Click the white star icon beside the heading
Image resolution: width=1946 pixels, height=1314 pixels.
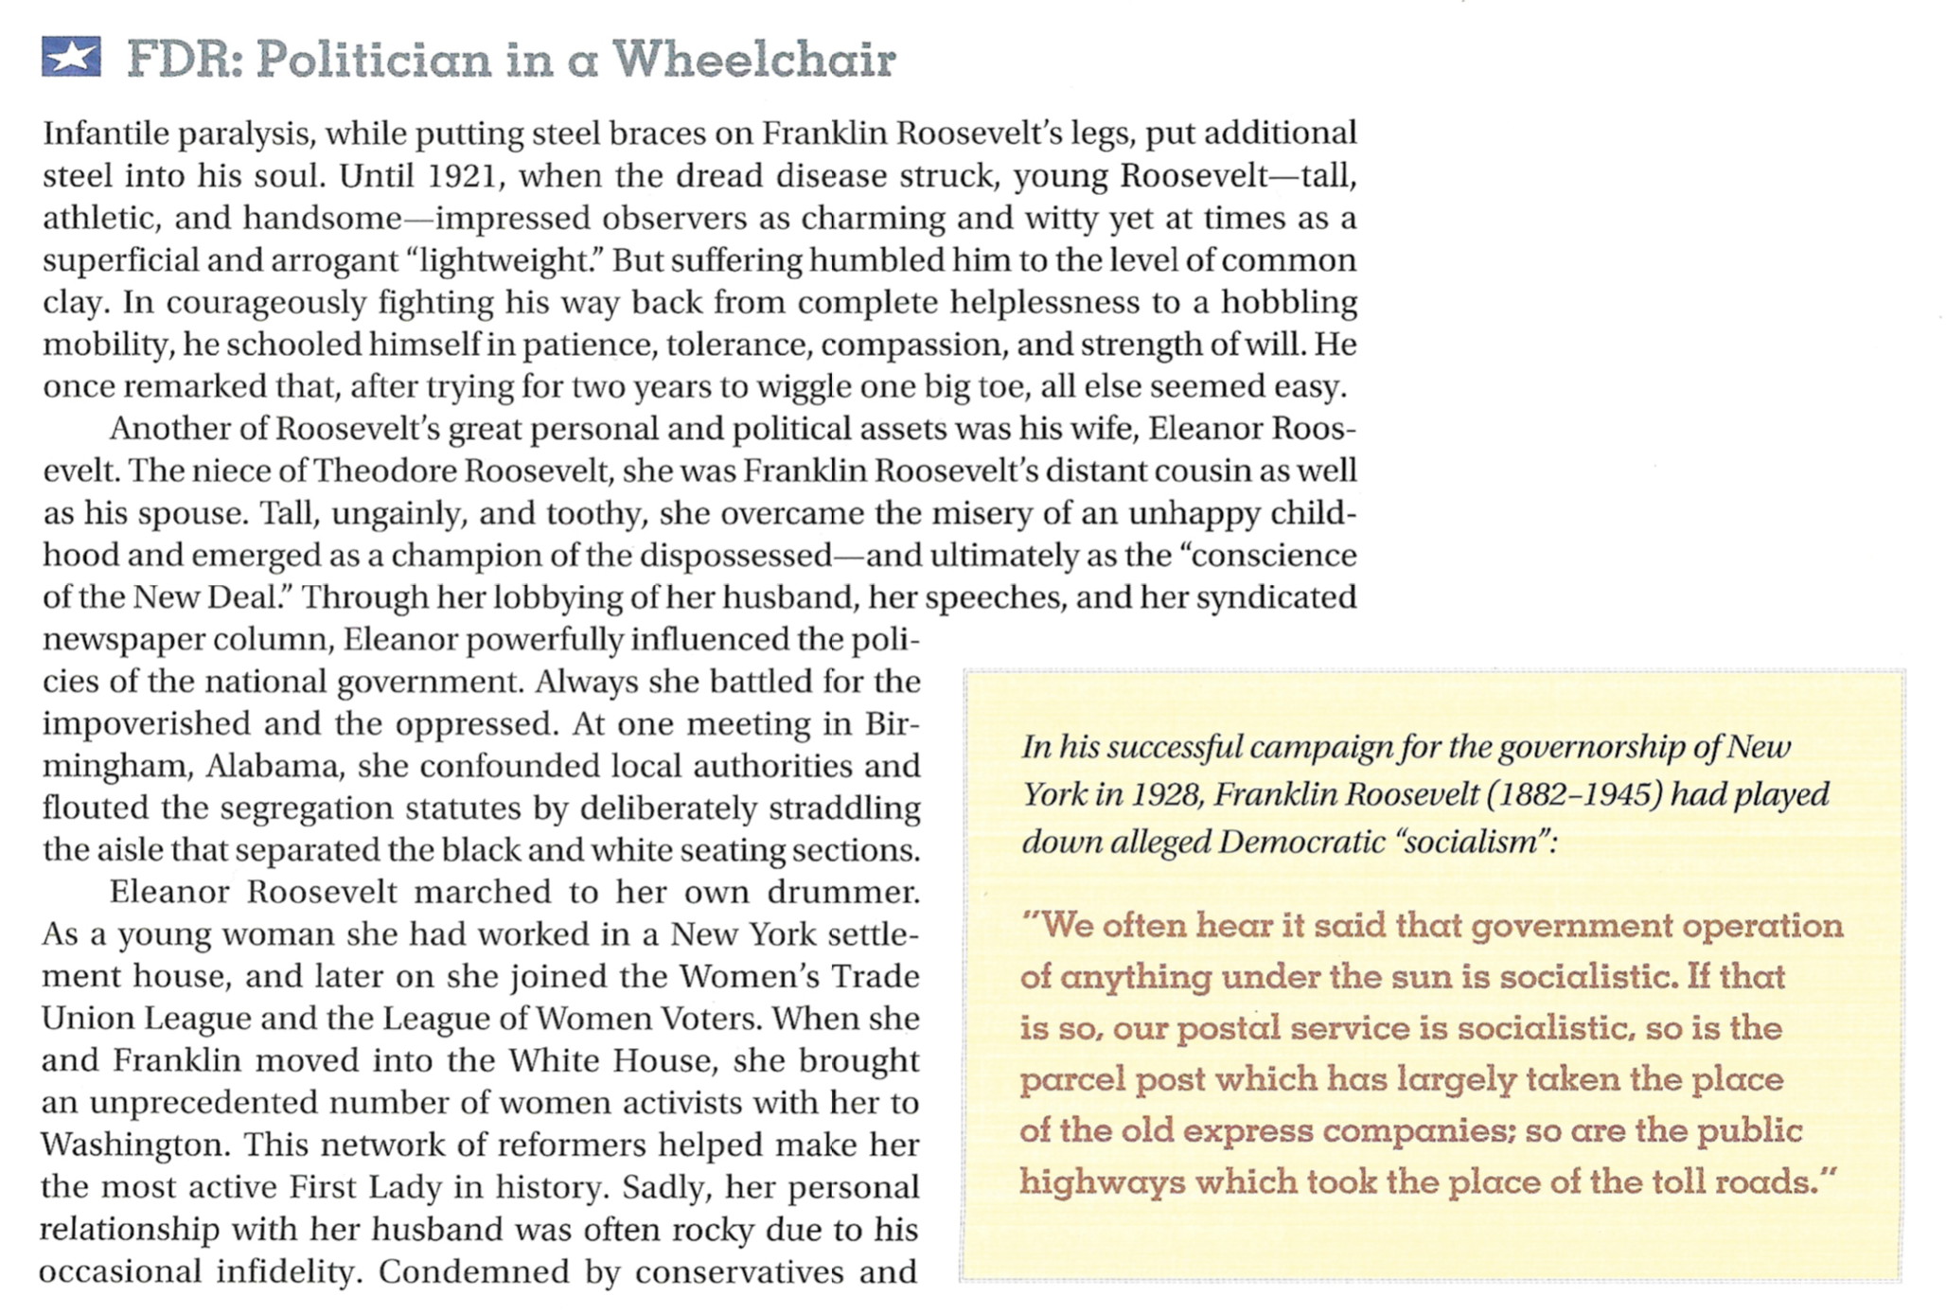tap(71, 58)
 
